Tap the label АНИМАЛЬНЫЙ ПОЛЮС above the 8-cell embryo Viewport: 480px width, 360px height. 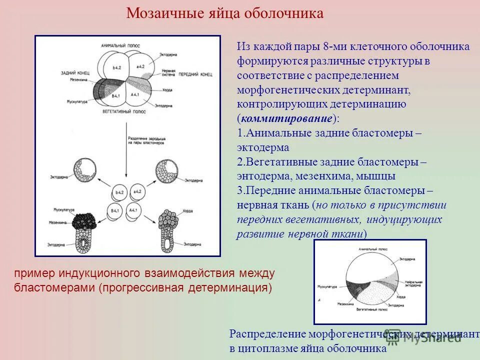click(x=119, y=45)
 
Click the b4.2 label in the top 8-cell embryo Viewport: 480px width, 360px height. click(x=117, y=67)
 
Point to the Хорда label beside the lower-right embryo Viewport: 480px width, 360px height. click(x=187, y=210)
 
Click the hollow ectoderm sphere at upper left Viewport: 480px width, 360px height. click(x=85, y=172)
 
